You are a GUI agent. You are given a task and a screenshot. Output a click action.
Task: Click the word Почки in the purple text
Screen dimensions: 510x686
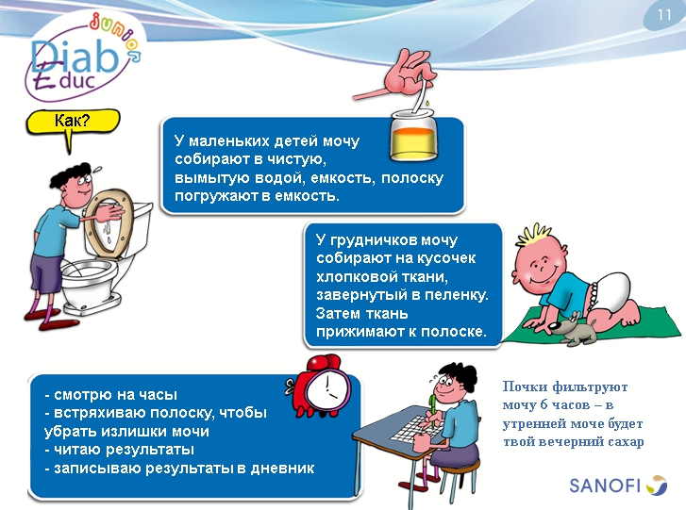tap(525, 387)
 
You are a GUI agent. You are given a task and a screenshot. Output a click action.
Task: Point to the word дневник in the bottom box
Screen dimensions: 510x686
tap(280, 468)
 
